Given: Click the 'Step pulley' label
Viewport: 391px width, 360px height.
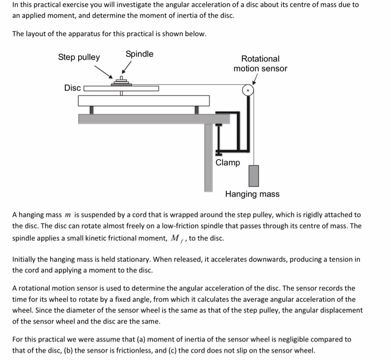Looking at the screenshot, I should tap(79, 57).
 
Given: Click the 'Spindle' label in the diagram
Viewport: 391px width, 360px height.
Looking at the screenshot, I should tap(139, 54).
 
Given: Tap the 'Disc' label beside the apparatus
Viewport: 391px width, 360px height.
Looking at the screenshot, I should tap(72, 88).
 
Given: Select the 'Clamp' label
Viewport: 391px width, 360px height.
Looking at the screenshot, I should tap(227, 162).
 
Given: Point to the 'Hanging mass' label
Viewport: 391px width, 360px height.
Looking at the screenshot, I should tap(252, 194).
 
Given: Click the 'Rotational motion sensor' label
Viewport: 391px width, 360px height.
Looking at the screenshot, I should tap(260, 63).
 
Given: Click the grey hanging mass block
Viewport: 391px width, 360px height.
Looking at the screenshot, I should tap(254, 175).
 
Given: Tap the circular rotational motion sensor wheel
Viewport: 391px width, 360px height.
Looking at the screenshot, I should tap(248, 90).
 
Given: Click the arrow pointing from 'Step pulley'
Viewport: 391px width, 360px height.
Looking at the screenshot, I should tap(103, 71).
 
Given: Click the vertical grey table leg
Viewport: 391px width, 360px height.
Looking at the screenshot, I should tap(208, 156).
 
